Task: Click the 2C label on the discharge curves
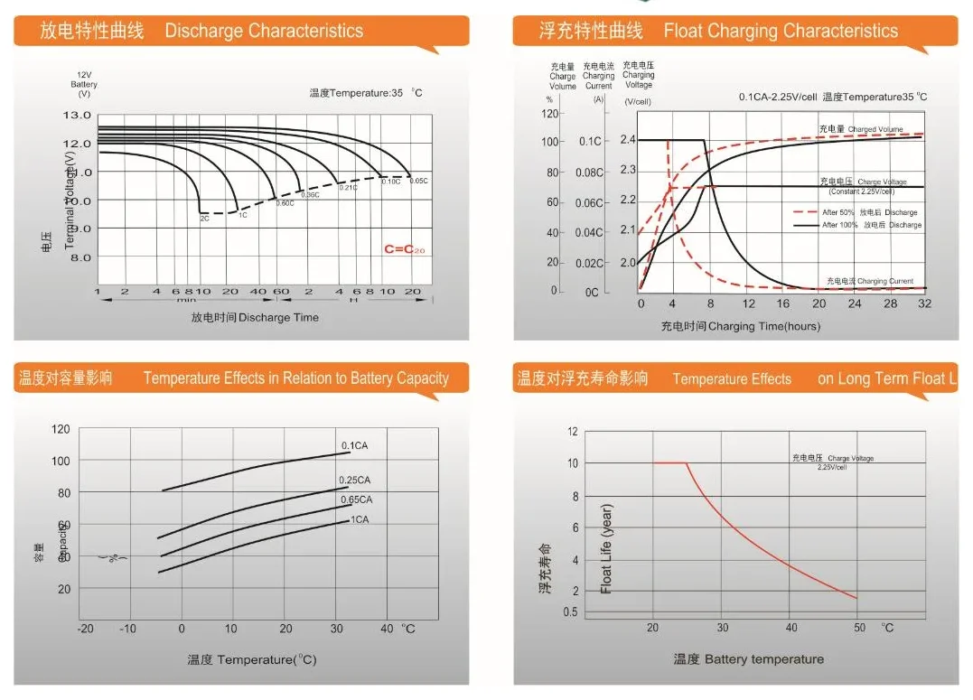(x=205, y=219)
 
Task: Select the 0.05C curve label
(x=418, y=182)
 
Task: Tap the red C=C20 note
(x=404, y=248)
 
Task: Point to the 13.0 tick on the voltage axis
(x=78, y=116)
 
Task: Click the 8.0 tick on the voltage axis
(x=80, y=257)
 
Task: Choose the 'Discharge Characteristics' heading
(x=264, y=32)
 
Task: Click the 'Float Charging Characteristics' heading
(x=781, y=32)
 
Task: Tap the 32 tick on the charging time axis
(x=924, y=303)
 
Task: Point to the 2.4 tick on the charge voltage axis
(x=629, y=140)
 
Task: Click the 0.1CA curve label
(x=354, y=445)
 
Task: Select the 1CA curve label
(x=360, y=519)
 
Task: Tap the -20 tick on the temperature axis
(x=86, y=629)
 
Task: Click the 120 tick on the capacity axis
(x=61, y=428)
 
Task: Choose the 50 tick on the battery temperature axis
(x=859, y=628)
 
